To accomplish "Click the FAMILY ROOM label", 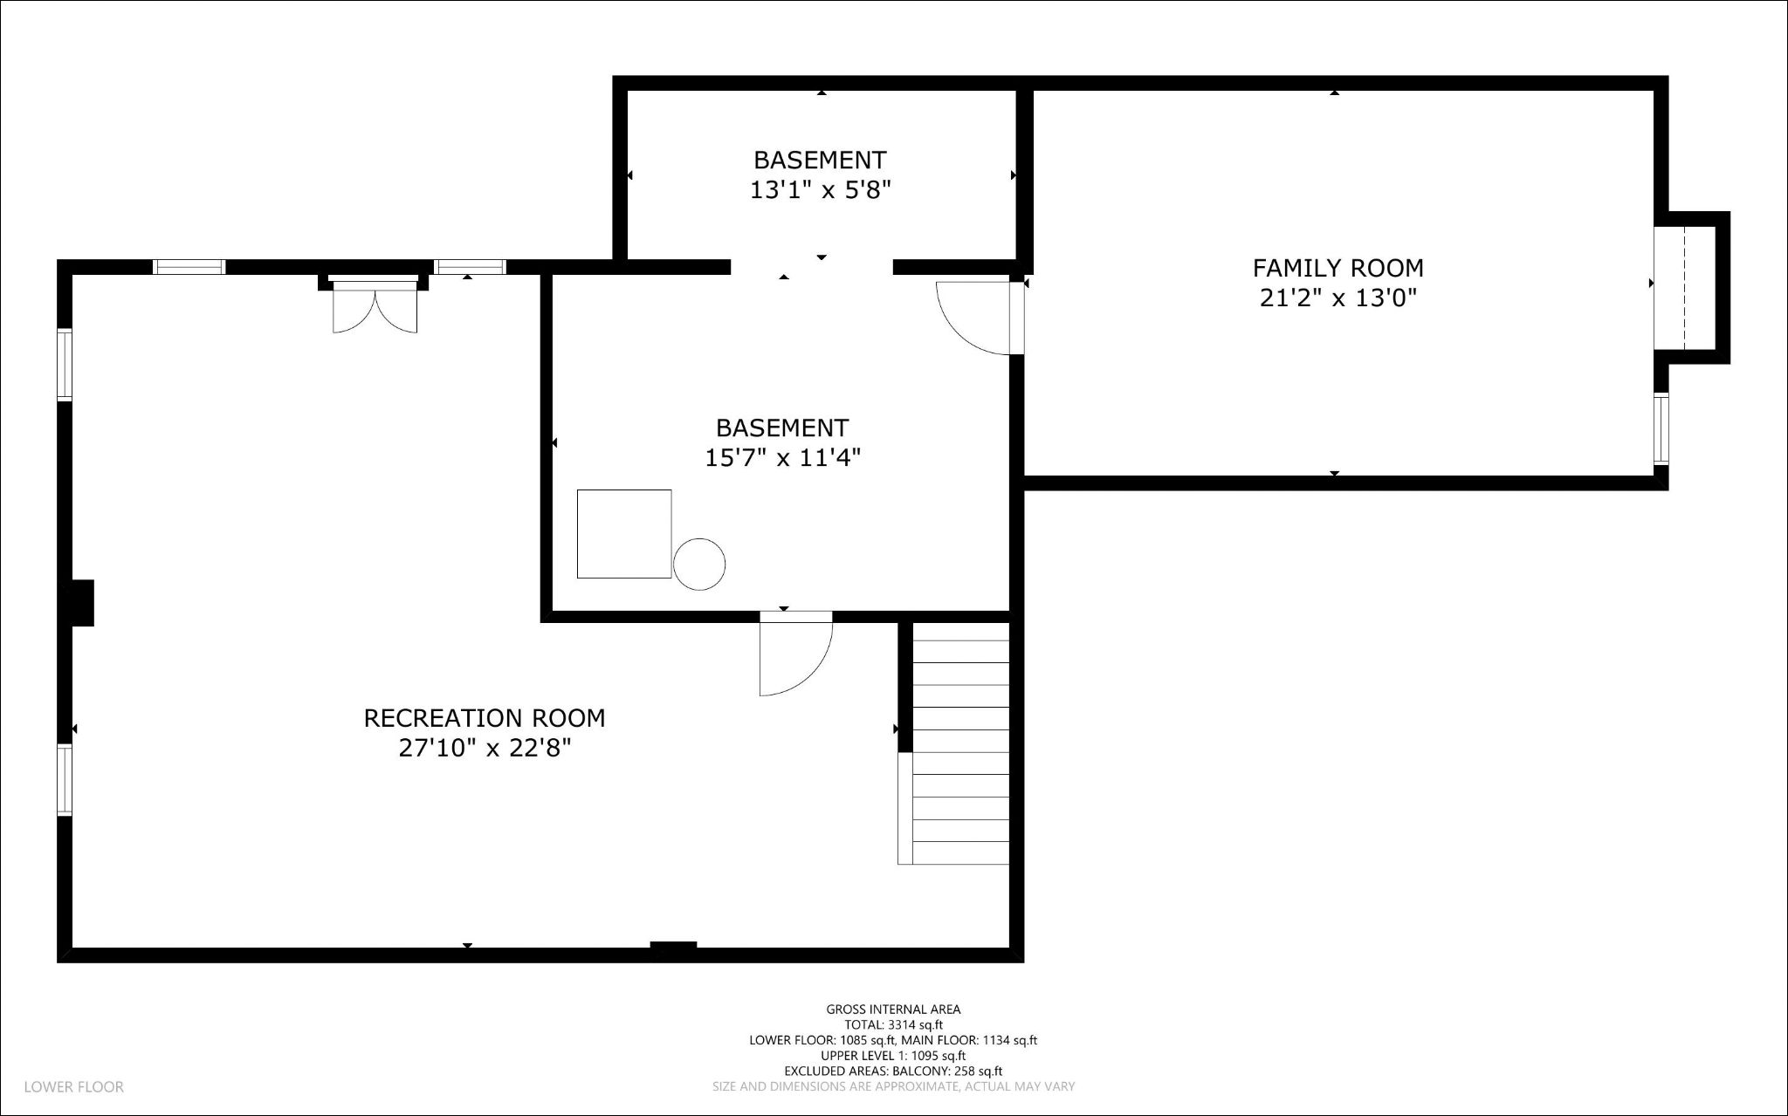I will coord(1338,268).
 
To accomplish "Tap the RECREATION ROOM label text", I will coord(484,718).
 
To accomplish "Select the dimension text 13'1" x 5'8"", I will coord(820,190).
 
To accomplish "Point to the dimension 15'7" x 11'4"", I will coord(782,458).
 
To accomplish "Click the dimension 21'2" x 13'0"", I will coord(1338,298).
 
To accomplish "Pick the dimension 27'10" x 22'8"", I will coord(484,749).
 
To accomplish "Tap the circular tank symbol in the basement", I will coord(699,565).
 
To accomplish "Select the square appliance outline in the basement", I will coord(624,534).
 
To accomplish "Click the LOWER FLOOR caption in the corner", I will coord(74,1087).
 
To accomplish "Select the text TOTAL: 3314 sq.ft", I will coord(893,1025).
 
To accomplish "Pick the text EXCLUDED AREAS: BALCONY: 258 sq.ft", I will coord(893,1071).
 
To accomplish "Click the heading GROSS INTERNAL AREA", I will coord(893,1010).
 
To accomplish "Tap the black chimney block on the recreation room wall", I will coord(82,603).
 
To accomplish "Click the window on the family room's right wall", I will coord(1661,428).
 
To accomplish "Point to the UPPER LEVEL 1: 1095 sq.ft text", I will coord(893,1056).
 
